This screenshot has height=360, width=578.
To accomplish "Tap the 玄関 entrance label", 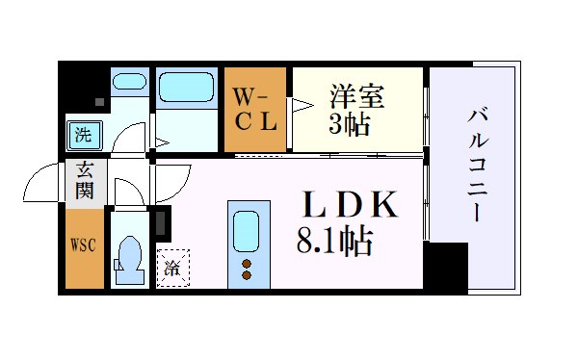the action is point(86,181).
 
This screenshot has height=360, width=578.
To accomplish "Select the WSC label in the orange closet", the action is point(83,245).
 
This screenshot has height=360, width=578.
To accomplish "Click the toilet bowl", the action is point(129,257).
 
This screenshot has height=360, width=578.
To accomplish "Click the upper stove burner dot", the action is point(246,263).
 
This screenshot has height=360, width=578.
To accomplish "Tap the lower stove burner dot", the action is point(246,276).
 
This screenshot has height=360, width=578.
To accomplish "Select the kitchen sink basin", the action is point(246,230).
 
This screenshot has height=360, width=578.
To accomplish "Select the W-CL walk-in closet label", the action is point(256,109).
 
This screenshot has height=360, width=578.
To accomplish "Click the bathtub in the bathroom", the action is point(187,90).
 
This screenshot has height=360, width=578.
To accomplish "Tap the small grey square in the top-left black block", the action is point(98,99).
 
